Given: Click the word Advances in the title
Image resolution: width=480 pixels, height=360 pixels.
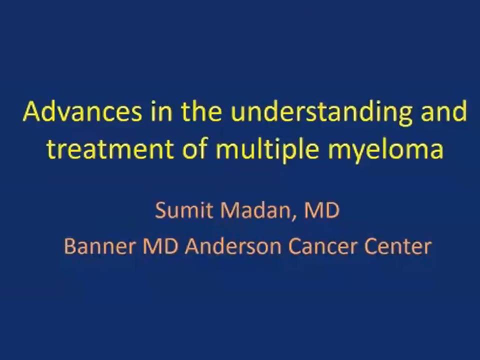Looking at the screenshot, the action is pyautogui.click(x=82, y=111).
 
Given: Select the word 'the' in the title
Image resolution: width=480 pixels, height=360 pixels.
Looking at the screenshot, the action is pyautogui.click(x=201, y=111).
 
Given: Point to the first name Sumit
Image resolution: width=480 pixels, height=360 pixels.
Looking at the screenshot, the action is pyautogui.click(x=183, y=210).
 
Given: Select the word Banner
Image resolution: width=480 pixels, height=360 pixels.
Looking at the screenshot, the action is pyautogui.click(x=100, y=246).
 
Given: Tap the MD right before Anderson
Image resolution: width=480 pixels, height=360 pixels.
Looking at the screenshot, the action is pyautogui.click(x=160, y=246).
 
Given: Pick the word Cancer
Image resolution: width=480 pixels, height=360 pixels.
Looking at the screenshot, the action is pyautogui.click(x=322, y=246).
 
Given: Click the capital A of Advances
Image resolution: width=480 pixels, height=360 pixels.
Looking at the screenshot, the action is pyautogui.click(x=32, y=111).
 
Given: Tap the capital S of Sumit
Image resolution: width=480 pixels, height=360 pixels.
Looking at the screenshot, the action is pyautogui.click(x=161, y=210).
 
